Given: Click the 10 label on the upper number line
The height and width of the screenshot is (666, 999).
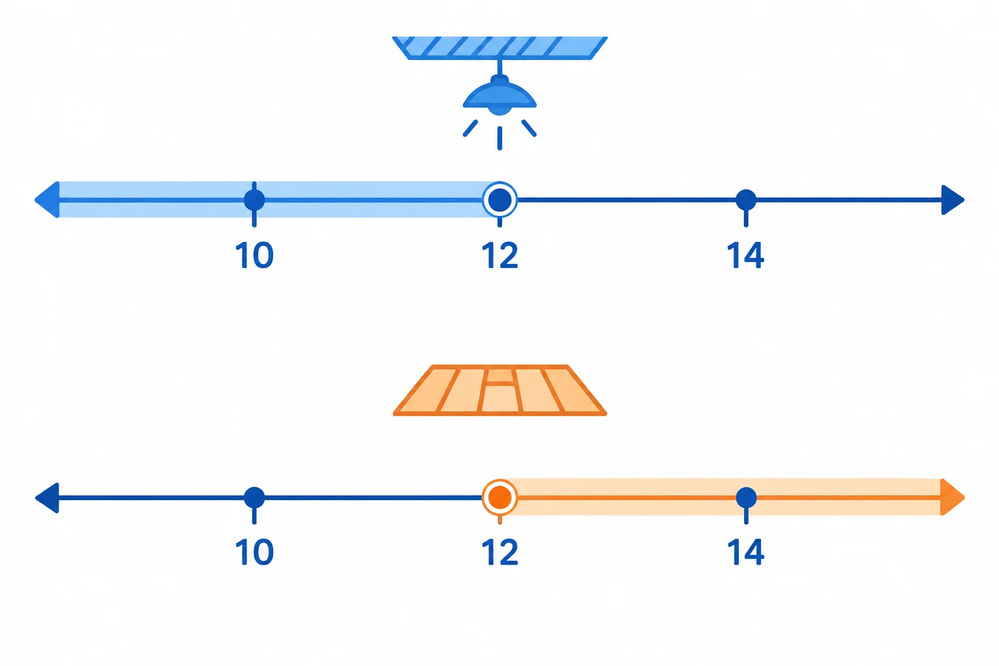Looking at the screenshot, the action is [x=254, y=255].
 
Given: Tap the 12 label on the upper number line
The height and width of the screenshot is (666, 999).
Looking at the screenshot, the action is [x=500, y=255].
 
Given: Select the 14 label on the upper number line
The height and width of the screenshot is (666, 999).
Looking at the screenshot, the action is [x=746, y=255].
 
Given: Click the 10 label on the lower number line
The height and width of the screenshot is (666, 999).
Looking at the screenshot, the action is [x=254, y=552].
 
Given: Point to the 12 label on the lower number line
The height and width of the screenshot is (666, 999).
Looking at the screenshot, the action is [x=500, y=552].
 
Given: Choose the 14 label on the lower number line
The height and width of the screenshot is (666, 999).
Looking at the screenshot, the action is [x=746, y=552].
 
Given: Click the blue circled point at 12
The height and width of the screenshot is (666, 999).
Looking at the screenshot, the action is [x=500, y=200].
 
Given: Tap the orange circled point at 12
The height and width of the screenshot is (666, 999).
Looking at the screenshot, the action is [x=500, y=497].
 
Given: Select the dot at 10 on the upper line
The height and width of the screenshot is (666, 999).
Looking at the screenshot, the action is [x=254, y=200].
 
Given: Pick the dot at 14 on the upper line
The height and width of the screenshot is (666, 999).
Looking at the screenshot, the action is [x=746, y=200].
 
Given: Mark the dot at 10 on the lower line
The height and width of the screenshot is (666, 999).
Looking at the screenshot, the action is [x=254, y=497].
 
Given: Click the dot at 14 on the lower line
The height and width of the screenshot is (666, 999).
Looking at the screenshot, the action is [x=746, y=497].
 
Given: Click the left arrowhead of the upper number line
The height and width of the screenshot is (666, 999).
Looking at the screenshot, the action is [x=47, y=200].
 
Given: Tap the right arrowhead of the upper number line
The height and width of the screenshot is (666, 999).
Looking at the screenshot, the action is [x=953, y=200].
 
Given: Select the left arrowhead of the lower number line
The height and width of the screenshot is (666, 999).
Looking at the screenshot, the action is [x=47, y=498].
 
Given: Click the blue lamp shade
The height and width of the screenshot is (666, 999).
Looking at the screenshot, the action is [x=499, y=96].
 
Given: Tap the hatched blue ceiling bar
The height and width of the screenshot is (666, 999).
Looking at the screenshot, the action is [x=500, y=47].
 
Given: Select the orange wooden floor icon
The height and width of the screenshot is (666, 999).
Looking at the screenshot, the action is [x=500, y=390].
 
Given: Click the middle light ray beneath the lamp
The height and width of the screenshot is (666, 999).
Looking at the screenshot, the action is [x=500, y=139].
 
